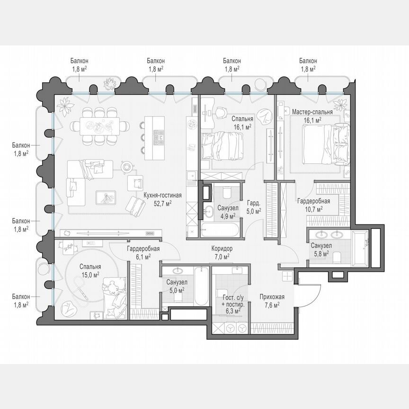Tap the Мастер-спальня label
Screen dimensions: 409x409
[x=312, y=112]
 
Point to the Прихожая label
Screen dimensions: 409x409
[x=272, y=297]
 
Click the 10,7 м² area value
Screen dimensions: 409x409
[x=313, y=208]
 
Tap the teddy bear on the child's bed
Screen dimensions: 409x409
[x=113, y=287]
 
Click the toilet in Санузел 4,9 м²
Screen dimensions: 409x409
[x=226, y=193]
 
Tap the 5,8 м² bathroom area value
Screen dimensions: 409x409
[x=320, y=253]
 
